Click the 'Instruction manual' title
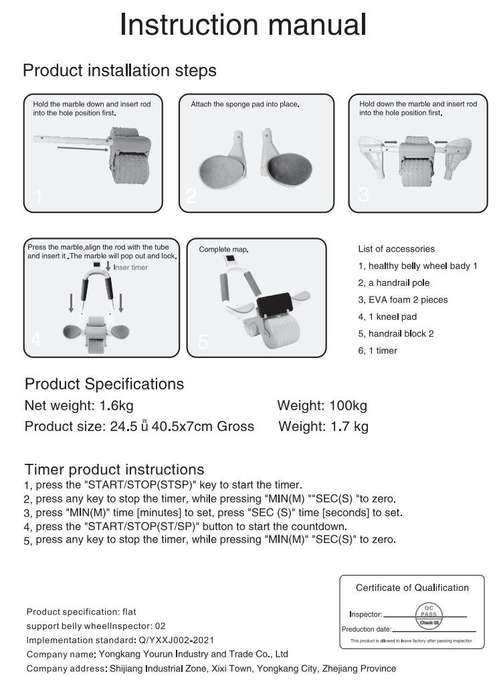pyautogui.click(x=243, y=25)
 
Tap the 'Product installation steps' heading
pyautogui.click(x=120, y=70)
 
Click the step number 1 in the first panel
pyautogui.click(x=38, y=196)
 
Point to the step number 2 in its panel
pyautogui.click(x=192, y=195)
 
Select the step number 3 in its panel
pyautogui.click(x=364, y=194)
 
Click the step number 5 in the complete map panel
pyautogui.click(x=203, y=341)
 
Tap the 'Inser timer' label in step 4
pyautogui.click(x=130, y=268)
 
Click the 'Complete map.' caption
pyautogui.click(x=223, y=250)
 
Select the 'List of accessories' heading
pyautogui.click(x=397, y=249)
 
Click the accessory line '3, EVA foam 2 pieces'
pyautogui.click(x=403, y=300)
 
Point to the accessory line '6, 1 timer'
pyautogui.click(x=378, y=351)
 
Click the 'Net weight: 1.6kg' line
pyautogui.click(x=84, y=406)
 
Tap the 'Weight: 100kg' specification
pyautogui.click(x=322, y=406)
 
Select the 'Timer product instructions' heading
pyautogui.click(x=114, y=469)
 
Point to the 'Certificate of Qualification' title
pyautogui.click(x=412, y=588)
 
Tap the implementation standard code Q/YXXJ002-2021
pyautogui.click(x=177, y=640)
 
